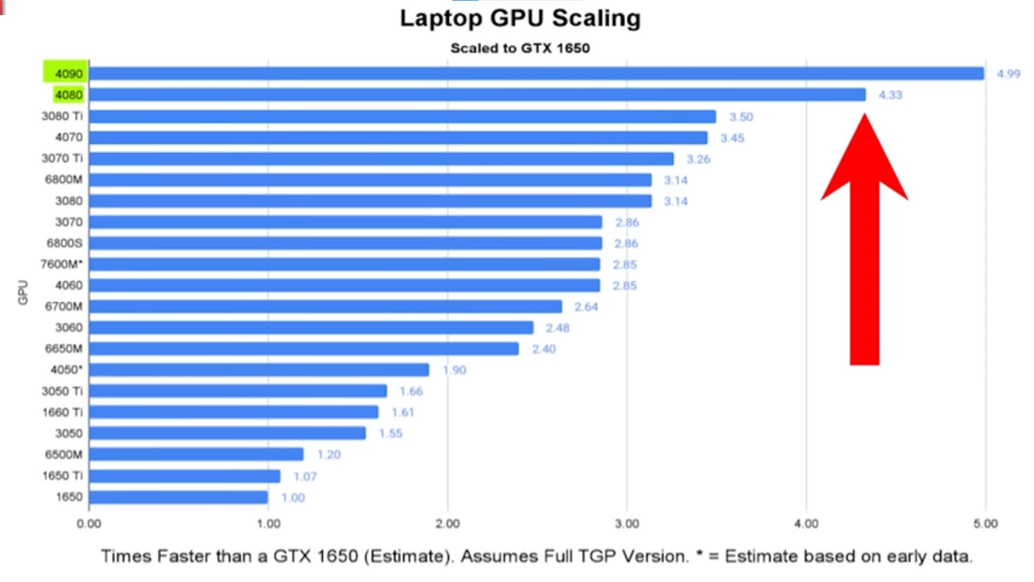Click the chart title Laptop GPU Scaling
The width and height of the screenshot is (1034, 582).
coord(520,18)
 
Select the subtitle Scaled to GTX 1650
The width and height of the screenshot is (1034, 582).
coord(520,48)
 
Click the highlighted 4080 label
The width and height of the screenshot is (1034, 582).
coord(69,95)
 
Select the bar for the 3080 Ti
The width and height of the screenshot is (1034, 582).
coord(402,117)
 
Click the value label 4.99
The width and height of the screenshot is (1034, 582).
coord(1008,74)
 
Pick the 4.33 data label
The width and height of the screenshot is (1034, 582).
coord(890,95)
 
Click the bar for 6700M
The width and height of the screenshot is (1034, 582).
coord(325,307)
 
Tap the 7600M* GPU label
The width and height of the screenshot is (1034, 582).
coord(62,264)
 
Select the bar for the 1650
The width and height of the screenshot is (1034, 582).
coord(178,497)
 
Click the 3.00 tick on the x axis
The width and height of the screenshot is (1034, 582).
coord(627,523)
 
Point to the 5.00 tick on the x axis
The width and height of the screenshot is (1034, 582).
coord(986,523)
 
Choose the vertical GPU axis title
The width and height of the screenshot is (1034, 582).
coord(23,292)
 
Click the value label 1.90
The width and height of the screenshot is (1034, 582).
coord(455,370)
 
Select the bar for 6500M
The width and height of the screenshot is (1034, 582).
coord(196,454)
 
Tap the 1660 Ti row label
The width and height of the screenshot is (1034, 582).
coord(62,412)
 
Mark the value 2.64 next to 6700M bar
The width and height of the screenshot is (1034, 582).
coord(586,307)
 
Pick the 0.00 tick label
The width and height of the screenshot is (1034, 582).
coord(89,523)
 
